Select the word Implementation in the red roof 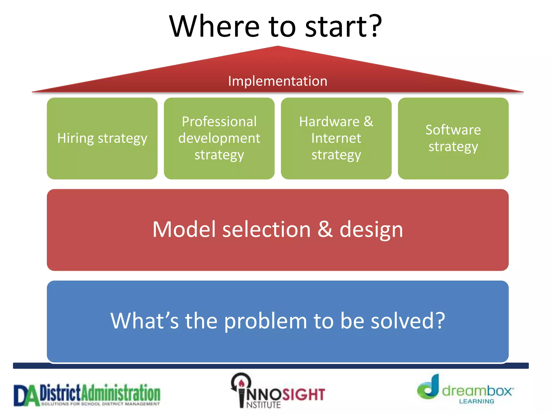click(277, 81)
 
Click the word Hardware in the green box click(329, 122)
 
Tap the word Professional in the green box click(219, 122)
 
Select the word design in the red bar click(371, 230)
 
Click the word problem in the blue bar click(265, 321)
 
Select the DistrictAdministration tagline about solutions click(100, 404)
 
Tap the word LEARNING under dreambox click(476, 401)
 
